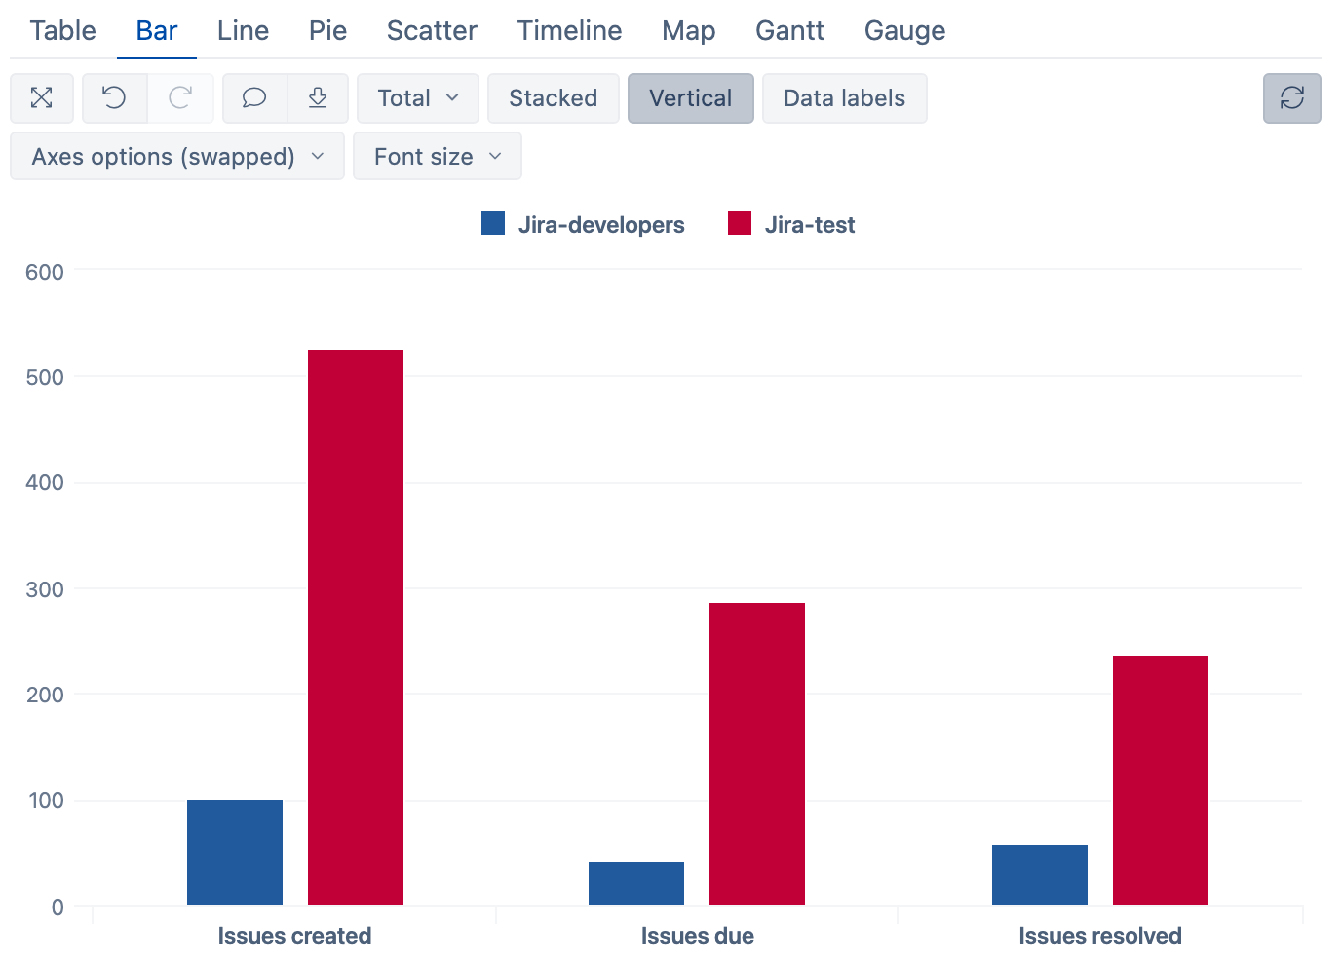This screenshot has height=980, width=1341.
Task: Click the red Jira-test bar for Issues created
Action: (x=356, y=627)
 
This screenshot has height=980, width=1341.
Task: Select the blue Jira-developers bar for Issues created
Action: (x=235, y=852)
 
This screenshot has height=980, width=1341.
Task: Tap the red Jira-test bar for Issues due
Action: (x=757, y=754)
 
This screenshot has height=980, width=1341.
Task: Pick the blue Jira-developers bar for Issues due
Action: (x=636, y=884)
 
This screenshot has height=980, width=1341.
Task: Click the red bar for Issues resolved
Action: (x=1161, y=780)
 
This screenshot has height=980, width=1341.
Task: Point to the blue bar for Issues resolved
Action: (x=1040, y=875)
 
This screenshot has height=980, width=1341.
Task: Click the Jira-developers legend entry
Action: (x=584, y=225)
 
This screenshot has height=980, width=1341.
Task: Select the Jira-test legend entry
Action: (x=791, y=225)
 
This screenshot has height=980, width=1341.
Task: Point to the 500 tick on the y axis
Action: (x=45, y=377)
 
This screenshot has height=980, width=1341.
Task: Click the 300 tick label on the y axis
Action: (x=45, y=589)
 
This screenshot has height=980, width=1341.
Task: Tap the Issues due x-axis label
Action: (x=697, y=936)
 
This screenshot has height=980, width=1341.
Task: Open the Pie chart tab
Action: (x=327, y=31)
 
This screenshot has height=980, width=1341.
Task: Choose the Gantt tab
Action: (x=789, y=31)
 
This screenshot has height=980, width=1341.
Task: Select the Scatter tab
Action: (x=432, y=31)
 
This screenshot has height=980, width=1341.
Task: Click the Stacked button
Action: (x=553, y=98)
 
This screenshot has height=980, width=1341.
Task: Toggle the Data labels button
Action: (x=844, y=98)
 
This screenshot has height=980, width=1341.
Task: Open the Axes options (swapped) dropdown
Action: (x=177, y=157)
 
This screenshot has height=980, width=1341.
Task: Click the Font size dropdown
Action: (x=437, y=157)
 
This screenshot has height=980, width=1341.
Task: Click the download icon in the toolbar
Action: (x=318, y=98)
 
